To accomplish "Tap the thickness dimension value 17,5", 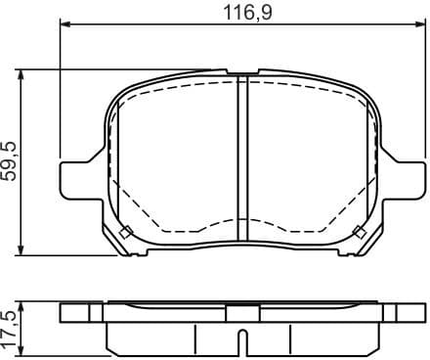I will coord(10,327).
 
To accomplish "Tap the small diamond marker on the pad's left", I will coord(124,232).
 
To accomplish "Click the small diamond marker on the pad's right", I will coord(361,232).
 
